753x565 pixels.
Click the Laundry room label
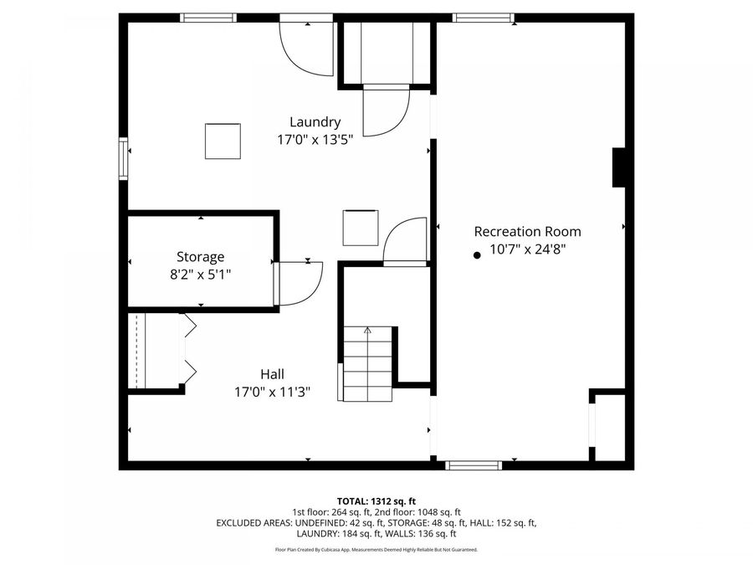(x=315, y=122)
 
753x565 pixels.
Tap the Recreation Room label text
(x=527, y=232)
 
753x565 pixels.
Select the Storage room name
(x=200, y=257)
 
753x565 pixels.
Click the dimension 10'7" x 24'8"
(x=527, y=249)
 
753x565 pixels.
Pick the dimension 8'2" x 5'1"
(x=200, y=273)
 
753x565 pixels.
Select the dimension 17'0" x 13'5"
(x=315, y=140)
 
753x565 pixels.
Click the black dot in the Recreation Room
(x=477, y=254)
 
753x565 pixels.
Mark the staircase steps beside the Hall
(x=366, y=364)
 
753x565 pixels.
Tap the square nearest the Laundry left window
(x=223, y=141)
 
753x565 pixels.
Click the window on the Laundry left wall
(x=124, y=160)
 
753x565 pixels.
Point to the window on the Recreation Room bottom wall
(x=473, y=465)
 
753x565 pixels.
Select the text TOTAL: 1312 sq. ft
(x=376, y=501)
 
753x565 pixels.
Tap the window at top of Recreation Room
(x=483, y=18)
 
